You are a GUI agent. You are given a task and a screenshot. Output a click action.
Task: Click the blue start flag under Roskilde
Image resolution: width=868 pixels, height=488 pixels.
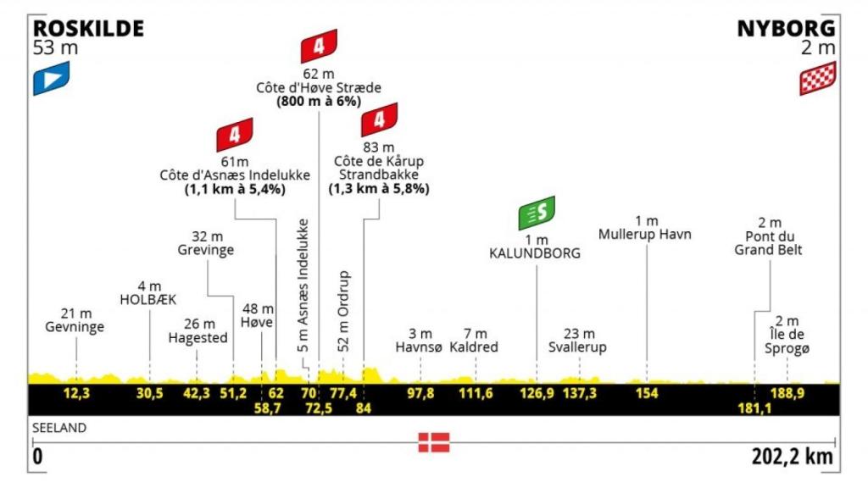click(x=51, y=79)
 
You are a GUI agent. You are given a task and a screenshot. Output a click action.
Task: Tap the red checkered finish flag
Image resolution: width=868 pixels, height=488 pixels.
click(x=817, y=79)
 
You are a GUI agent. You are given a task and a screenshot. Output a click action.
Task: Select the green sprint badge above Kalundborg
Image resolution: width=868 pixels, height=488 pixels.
click(x=537, y=213)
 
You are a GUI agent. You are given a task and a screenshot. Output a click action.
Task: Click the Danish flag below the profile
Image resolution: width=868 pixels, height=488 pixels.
click(x=433, y=442)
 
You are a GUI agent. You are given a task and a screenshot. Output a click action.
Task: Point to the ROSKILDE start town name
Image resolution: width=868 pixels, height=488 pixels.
click(x=88, y=28)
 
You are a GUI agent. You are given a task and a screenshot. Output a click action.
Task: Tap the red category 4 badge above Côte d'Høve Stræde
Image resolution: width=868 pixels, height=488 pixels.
click(x=319, y=46)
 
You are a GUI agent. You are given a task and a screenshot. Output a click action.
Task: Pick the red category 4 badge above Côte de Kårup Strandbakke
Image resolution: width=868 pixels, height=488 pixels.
click(x=379, y=119)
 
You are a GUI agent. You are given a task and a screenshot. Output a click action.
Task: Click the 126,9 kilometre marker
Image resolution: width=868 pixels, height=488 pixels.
click(x=537, y=393)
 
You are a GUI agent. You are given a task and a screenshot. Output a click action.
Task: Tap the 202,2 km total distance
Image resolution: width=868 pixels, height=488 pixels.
click(x=793, y=457)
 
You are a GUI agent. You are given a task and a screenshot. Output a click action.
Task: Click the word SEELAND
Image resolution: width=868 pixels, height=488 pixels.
click(x=60, y=428)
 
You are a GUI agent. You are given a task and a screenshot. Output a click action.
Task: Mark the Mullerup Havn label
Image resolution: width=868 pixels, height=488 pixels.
click(x=645, y=234)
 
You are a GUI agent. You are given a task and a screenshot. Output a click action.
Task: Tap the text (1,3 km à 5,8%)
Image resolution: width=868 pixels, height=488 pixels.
click(x=379, y=189)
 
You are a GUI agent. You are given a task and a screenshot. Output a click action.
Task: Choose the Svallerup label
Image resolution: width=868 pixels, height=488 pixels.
click(x=577, y=347)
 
